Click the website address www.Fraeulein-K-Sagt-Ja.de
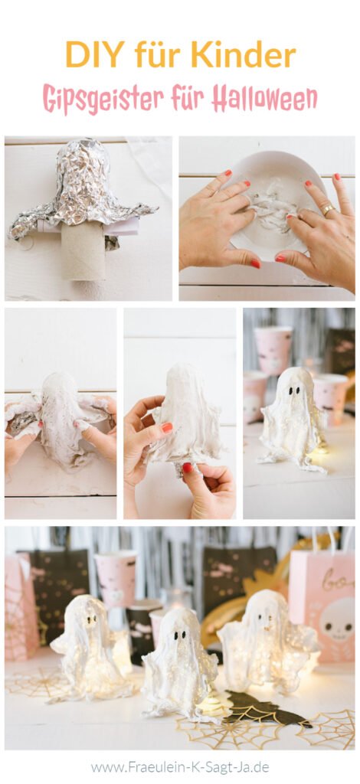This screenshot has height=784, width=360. pyautogui.click(x=180, y=766)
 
